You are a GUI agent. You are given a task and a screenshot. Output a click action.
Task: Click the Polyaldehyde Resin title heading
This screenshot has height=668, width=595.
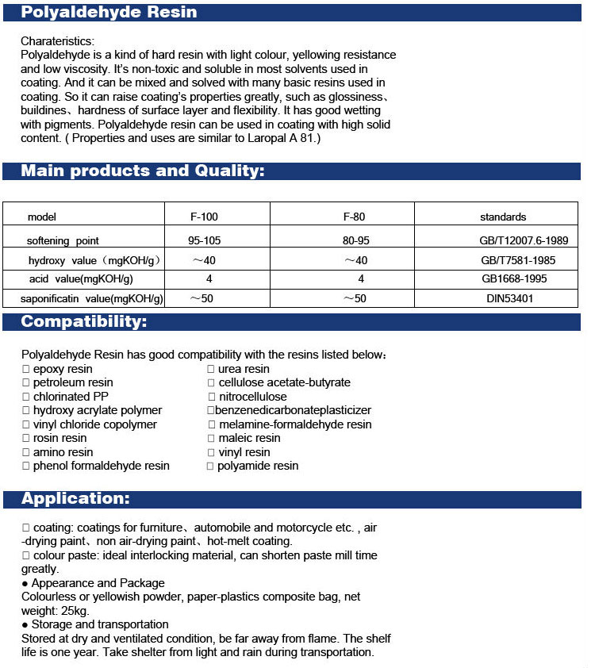pos(109,13)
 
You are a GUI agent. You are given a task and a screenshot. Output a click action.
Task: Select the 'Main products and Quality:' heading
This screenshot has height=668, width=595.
pos(142,171)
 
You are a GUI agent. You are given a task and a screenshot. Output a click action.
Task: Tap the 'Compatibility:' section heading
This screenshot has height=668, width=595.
pos(83,322)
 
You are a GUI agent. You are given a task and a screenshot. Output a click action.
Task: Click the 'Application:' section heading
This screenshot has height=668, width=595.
pos(75,499)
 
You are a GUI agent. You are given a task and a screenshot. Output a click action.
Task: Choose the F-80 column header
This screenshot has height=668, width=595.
pos(354,217)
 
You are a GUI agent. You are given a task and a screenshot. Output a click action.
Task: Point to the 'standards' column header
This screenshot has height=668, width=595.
pos(503,217)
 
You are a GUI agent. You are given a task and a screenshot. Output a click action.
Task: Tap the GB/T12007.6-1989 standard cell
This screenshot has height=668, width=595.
pos(513,240)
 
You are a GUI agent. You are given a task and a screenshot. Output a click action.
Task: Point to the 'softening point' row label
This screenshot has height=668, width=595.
pos(63,240)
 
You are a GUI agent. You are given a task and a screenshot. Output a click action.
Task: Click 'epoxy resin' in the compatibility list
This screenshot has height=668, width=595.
pos(63,369)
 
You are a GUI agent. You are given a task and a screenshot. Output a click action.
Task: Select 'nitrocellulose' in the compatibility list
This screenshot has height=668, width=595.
pos(253,397)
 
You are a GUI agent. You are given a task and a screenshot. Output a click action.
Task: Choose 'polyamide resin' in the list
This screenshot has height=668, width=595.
pos(258,466)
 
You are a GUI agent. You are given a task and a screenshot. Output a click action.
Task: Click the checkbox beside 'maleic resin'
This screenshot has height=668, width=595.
pos(211,438)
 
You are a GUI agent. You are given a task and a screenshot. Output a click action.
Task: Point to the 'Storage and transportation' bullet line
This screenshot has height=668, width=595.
pos(100,624)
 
